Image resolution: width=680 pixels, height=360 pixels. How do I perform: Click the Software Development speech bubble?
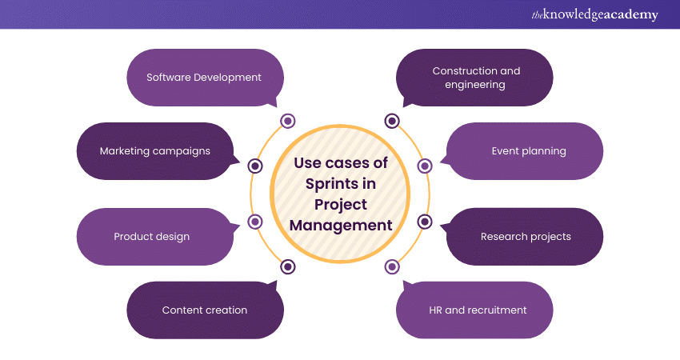(x=204, y=78)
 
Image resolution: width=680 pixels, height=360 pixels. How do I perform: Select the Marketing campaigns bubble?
(x=154, y=150)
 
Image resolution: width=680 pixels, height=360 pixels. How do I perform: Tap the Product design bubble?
(x=152, y=237)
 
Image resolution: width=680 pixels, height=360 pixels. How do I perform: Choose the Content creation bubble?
(x=205, y=310)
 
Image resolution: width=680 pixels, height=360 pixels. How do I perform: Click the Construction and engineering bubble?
(x=476, y=78)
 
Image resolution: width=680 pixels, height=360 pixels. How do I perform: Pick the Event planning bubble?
(x=527, y=150)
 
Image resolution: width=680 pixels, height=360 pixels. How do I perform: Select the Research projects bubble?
(x=526, y=237)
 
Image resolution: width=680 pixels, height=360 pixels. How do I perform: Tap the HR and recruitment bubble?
(x=478, y=310)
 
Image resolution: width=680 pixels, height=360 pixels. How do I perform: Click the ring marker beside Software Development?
(x=288, y=121)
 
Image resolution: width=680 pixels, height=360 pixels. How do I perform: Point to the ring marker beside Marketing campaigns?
(x=255, y=166)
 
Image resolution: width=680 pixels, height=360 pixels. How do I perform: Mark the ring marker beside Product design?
(x=255, y=222)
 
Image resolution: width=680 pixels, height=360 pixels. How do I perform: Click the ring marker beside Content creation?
(x=288, y=266)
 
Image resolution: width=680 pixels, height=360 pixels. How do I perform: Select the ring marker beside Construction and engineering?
(x=392, y=121)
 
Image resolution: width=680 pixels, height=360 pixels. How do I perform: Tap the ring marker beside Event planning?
(x=425, y=166)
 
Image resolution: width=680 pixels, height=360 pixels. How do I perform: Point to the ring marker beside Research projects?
(x=425, y=222)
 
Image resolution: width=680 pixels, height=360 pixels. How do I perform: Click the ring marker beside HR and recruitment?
(x=392, y=266)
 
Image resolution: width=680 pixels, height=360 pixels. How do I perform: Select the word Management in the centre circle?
(x=341, y=225)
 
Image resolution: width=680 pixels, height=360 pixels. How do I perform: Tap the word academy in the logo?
(x=626, y=15)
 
